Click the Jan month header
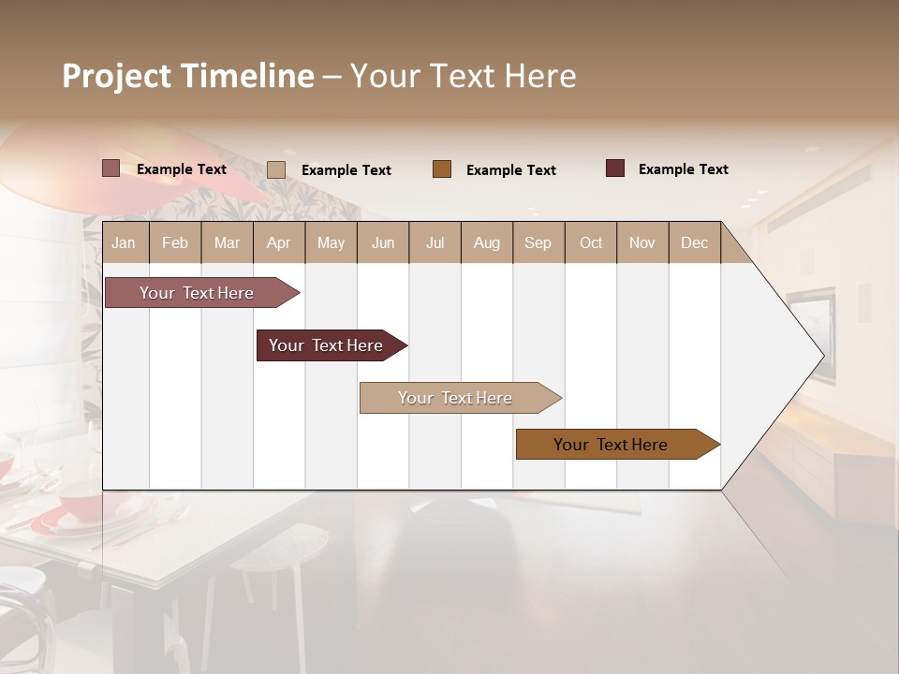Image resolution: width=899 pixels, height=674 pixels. [x=124, y=243]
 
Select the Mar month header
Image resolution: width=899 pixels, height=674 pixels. [x=227, y=243]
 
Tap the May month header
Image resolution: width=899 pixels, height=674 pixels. [x=331, y=243]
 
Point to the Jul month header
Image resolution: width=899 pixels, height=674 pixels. [x=435, y=243]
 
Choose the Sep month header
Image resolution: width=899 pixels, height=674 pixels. [x=538, y=243]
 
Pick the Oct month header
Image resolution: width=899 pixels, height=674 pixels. [x=591, y=243]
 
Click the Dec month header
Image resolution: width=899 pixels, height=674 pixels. [x=694, y=243]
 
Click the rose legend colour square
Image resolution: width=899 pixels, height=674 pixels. [x=111, y=168]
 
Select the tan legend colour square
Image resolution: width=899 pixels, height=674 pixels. [x=276, y=169]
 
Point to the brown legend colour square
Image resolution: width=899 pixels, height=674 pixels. [x=442, y=169]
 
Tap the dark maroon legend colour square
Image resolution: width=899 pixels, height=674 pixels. [x=614, y=168]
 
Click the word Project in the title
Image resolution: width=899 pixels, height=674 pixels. [x=116, y=76]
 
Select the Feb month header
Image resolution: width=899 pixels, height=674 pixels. [x=175, y=243]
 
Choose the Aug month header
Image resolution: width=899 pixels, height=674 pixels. [x=486, y=243]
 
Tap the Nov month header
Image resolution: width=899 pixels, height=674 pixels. [x=642, y=243]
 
